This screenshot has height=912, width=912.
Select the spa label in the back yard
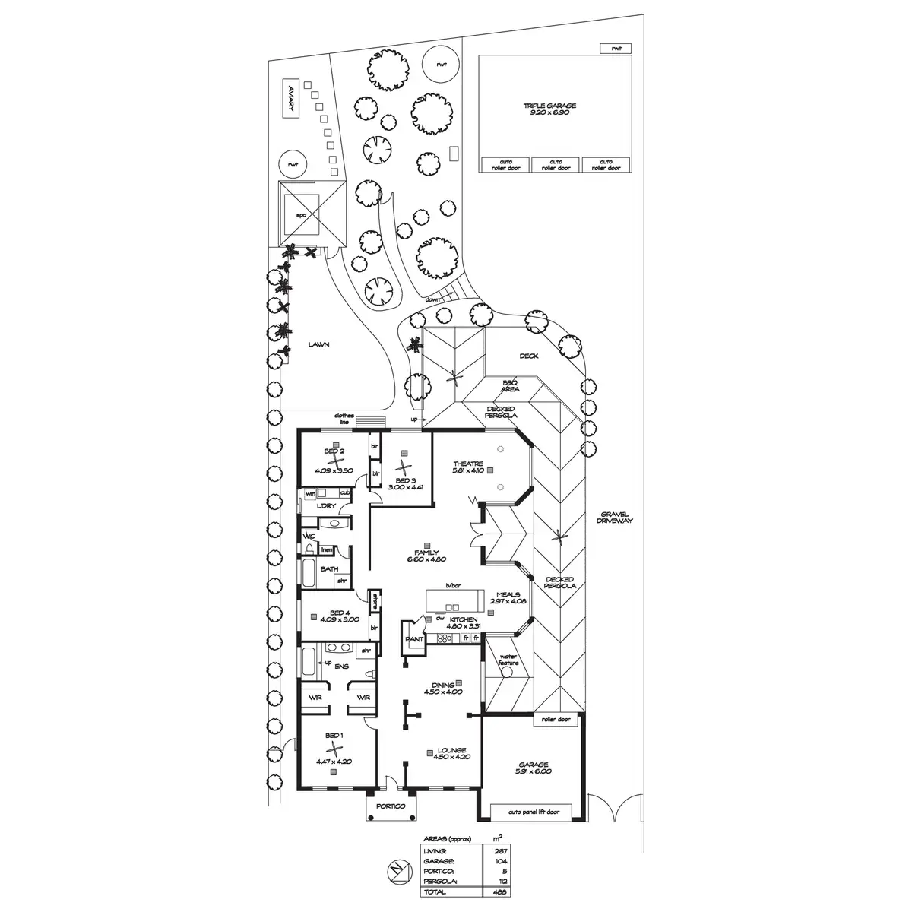click(x=300, y=215)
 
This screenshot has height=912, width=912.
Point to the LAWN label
click(x=319, y=344)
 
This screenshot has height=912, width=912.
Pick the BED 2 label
click(x=334, y=451)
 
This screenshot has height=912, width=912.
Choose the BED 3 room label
click(x=406, y=481)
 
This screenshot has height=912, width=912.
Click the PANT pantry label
click(x=414, y=639)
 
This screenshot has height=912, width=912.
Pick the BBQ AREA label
click(x=510, y=386)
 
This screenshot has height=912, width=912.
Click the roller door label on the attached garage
click(x=556, y=718)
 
